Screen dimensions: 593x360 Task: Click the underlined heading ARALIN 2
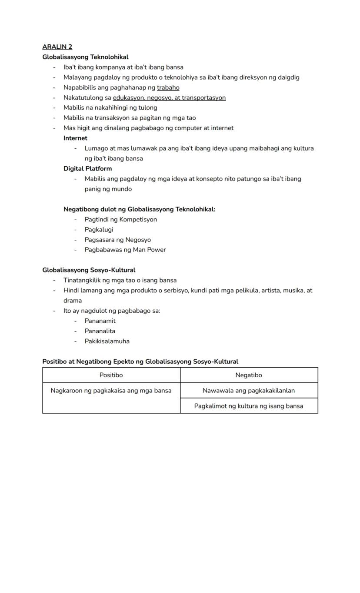click(57, 47)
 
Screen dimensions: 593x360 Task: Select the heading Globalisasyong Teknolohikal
click(85, 57)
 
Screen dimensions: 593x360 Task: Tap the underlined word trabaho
click(168, 87)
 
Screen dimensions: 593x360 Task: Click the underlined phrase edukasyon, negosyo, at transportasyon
click(169, 98)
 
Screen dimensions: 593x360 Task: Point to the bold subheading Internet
click(75, 138)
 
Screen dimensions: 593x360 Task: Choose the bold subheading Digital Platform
click(87, 169)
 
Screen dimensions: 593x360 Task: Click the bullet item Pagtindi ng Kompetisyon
click(120, 220)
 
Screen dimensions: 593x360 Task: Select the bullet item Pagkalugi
click(99, 230)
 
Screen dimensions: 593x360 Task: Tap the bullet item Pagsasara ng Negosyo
click(117, 240)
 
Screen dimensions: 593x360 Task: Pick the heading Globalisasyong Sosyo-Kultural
click(89, 270)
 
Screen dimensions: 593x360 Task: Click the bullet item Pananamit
click(100, 321)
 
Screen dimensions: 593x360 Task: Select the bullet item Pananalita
click(100, 331)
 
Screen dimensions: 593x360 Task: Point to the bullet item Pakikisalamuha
click(107, 342)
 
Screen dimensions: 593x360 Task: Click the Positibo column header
click(111, 375)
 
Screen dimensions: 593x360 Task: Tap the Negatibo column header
click(249, 375)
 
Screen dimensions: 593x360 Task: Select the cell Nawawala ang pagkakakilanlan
click(249, 391)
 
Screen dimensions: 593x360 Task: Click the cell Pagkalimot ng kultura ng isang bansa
click(249, 406)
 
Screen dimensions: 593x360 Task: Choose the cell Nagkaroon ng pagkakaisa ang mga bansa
click(111, 391)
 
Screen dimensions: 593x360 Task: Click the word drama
click(73, 301)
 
